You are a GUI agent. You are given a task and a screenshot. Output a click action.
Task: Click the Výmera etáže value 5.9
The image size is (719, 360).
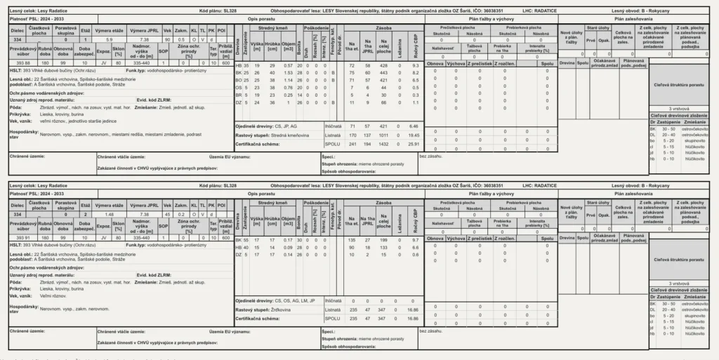[109, 39]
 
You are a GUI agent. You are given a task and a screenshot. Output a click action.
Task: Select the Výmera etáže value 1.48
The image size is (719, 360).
[109, 213]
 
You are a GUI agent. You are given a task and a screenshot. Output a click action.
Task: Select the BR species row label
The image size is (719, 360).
[238, 93]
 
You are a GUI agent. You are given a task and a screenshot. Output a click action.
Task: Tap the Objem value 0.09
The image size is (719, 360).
[288, 247]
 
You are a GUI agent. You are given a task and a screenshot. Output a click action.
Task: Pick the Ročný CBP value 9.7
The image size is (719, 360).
[415, 239]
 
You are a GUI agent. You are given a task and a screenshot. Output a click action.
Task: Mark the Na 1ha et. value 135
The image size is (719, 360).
[352, 239]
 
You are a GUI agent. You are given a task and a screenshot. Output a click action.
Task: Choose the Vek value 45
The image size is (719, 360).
[167, 213]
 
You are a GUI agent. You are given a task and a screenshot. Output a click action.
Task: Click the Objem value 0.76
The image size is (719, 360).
[288, 86]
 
